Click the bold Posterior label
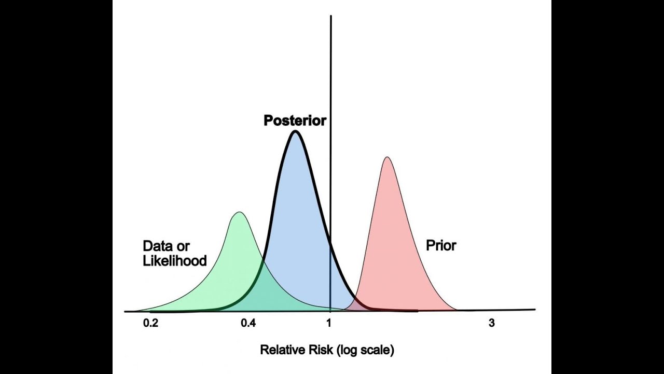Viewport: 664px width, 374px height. click(x=295, y=121)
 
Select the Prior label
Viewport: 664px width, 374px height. click(x=441, y=245)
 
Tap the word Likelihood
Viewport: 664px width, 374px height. click(x=175, y=260)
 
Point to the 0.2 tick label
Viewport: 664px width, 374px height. click(x=150, y=323)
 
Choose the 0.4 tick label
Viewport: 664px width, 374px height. click(x=248, y=323)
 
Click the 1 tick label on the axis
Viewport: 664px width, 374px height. click(x=329, y=323)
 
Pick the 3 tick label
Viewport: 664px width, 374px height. click(x=492, y=323)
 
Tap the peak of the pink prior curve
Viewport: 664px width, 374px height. click(x=386, y=157)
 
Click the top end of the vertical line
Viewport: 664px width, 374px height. click(x=331, y=17)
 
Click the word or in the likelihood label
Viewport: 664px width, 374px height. click(x=183, y=246)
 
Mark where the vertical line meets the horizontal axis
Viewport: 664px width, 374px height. click(x=331, y=311)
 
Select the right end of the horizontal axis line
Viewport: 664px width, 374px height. click(x=534, y=310)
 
